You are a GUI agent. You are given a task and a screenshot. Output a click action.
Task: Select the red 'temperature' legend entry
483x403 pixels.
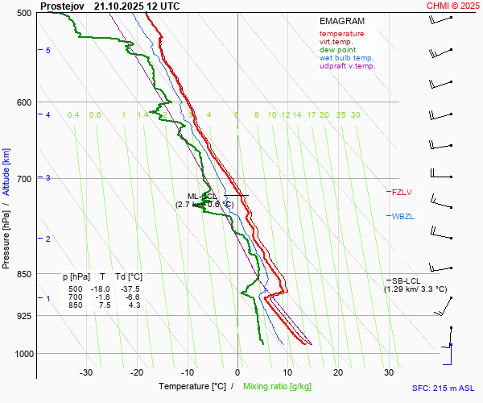[341, 34]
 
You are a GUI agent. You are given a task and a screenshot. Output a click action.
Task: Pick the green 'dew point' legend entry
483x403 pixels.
[337, 50]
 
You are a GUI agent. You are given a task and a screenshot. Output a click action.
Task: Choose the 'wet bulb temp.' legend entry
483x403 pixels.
[346, 58]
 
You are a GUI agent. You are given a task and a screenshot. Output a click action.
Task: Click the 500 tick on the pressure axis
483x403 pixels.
[24, 13]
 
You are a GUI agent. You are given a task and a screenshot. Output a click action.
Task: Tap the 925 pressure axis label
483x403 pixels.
[24, 316]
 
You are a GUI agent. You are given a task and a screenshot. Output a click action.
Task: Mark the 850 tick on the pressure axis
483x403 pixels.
[24, 275]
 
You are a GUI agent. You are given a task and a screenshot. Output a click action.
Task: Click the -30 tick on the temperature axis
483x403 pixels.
[86, 372]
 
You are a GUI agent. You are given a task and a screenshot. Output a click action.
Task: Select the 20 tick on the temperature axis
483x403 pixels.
[338, 372]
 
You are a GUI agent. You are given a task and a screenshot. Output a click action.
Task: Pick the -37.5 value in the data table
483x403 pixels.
[130, 289]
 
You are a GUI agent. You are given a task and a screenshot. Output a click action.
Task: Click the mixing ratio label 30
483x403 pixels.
[355, 115]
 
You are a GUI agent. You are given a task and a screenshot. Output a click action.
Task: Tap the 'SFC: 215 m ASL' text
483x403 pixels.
[444, 388]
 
